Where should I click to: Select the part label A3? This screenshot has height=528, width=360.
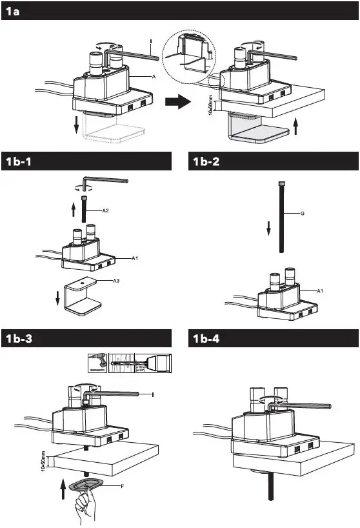[x=115, y=281]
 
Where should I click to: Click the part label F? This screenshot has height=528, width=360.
[x=123, y=484]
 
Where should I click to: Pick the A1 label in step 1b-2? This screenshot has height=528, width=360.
[x=321, y=292]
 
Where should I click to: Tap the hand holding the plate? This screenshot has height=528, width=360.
[x=85, y=505]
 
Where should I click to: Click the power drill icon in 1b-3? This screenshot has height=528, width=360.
[x=96, y=363]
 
